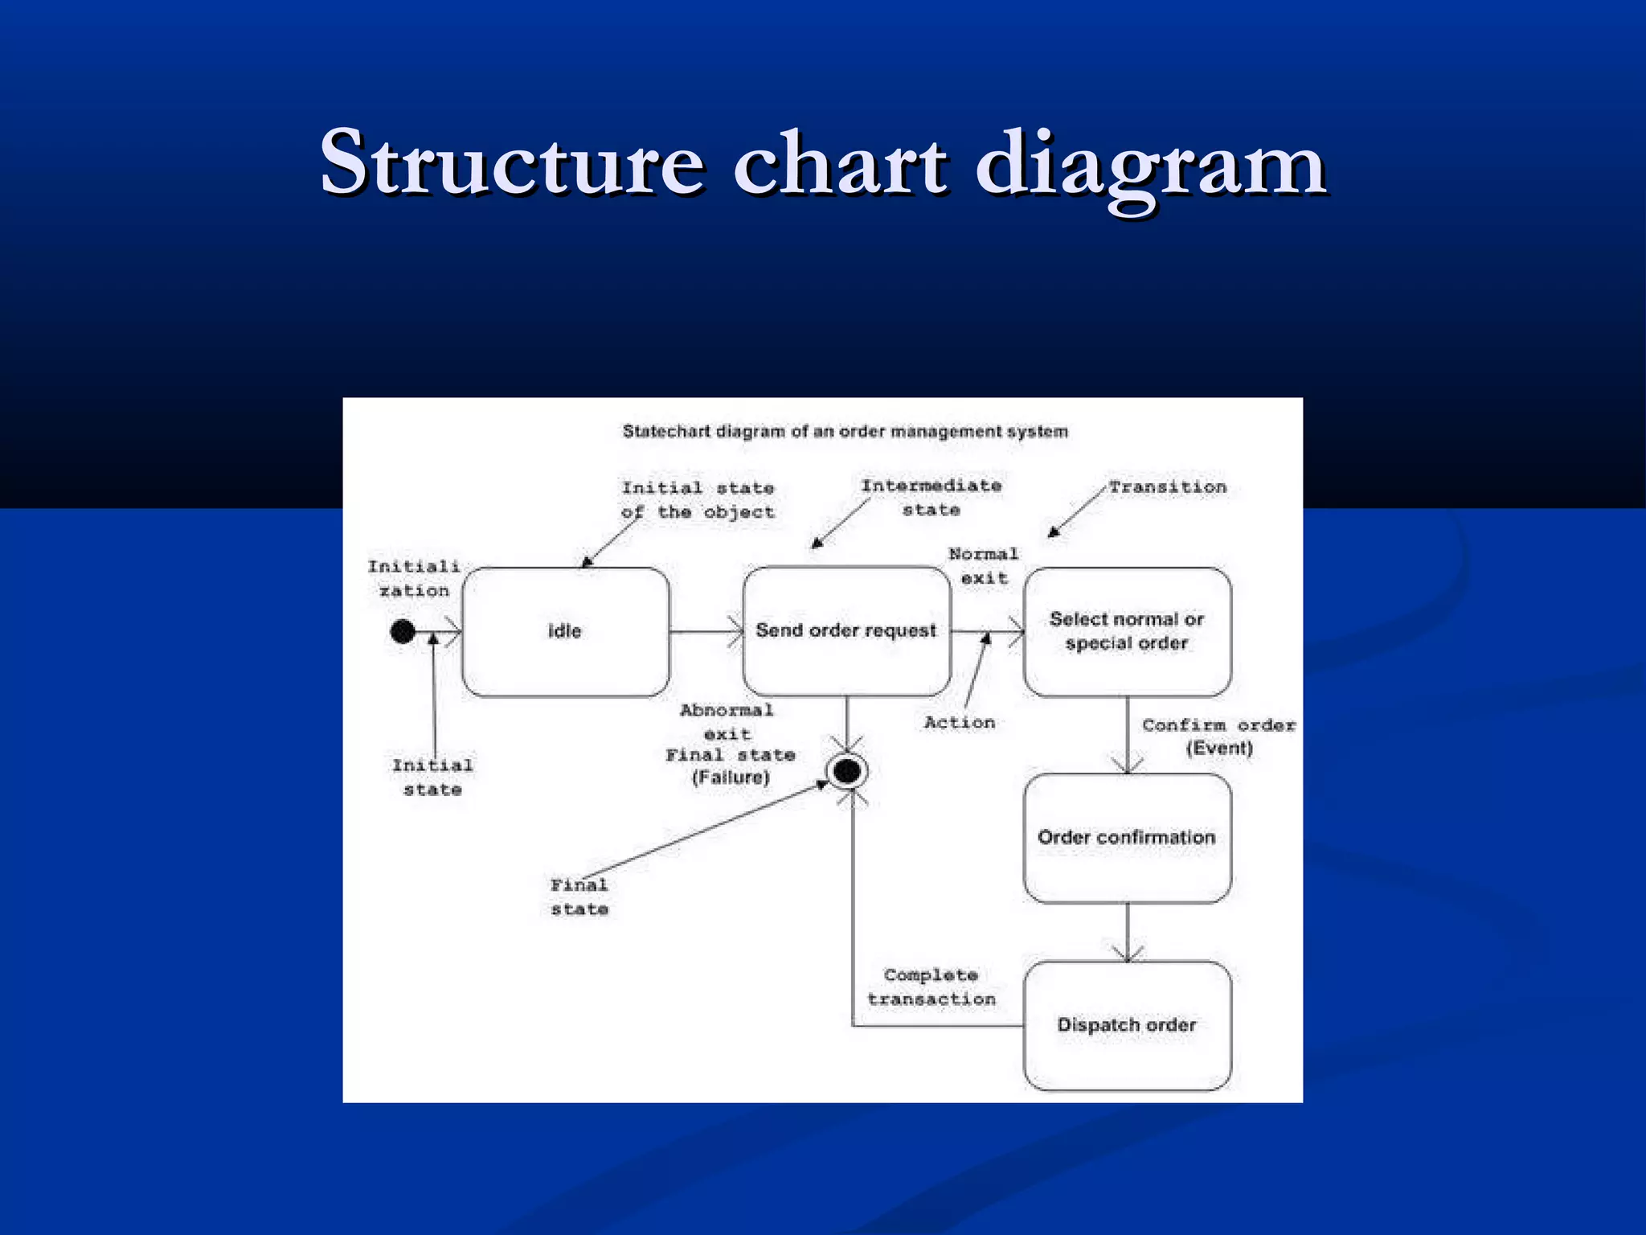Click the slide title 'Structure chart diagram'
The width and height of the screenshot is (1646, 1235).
(x=823, y=164)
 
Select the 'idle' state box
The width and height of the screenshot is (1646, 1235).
(x=565, y=631)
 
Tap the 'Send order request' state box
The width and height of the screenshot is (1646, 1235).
(x=846, y=631)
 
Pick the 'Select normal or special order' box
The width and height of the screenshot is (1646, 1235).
(x=1127, y=631)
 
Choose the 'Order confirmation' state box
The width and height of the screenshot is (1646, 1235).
(x=1127, y=838)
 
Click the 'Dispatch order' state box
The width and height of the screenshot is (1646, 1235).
(x=1127, y=1025)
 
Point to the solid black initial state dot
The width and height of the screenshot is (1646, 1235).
(x=403, y=632)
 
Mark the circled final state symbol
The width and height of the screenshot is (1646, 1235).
(x=847, y=772)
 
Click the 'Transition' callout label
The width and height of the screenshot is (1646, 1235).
(x=1168, y=487)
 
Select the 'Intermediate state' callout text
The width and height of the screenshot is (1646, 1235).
(x=932, y=498)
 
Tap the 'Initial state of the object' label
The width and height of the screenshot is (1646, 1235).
(x=698, y=500)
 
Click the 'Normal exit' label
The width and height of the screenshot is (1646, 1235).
(x=984, y=566)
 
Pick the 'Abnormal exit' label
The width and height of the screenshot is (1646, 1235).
(x=727, y=722)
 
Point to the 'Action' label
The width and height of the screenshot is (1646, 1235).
(x=960, y=723)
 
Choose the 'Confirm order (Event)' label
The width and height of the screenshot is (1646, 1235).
(x=1219, y=736)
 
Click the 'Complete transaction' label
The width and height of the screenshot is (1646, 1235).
(x=932, y=987)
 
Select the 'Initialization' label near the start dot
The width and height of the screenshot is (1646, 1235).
(x=414, y=579)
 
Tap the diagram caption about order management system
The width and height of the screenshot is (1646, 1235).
(x=846, y=432)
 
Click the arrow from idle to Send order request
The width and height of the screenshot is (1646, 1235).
(x=706, y=632)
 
